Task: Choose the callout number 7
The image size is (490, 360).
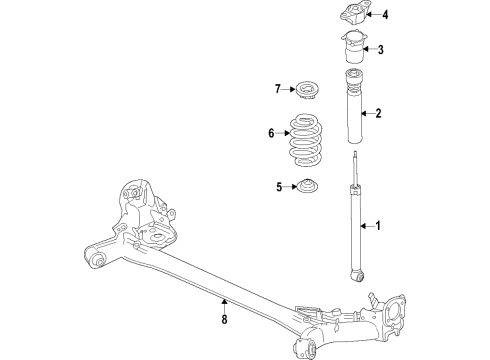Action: click(278, 91)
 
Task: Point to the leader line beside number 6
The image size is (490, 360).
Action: click(284, 133)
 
